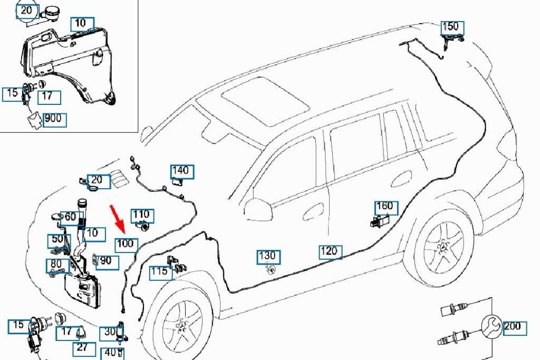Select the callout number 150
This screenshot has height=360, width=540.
pyautogui.click(x=450, y=26)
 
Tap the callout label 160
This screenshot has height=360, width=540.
pyautogui.click(x=384, y=206)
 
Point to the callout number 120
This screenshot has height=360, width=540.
pyautogui.click(x=329, y=251)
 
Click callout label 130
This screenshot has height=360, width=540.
pyautogui.click(x=267, y=257)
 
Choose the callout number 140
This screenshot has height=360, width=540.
pyautogui.click(x=180, y=171)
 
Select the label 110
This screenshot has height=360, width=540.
pyautogui.click(x=141, y=215)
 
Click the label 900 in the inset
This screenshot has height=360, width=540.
pyautogui.click(x=53, y=119)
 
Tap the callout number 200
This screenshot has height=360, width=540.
pyautogui.click(x=512, y=326)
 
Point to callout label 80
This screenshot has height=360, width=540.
pyautogui.click(x=56, y=264)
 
